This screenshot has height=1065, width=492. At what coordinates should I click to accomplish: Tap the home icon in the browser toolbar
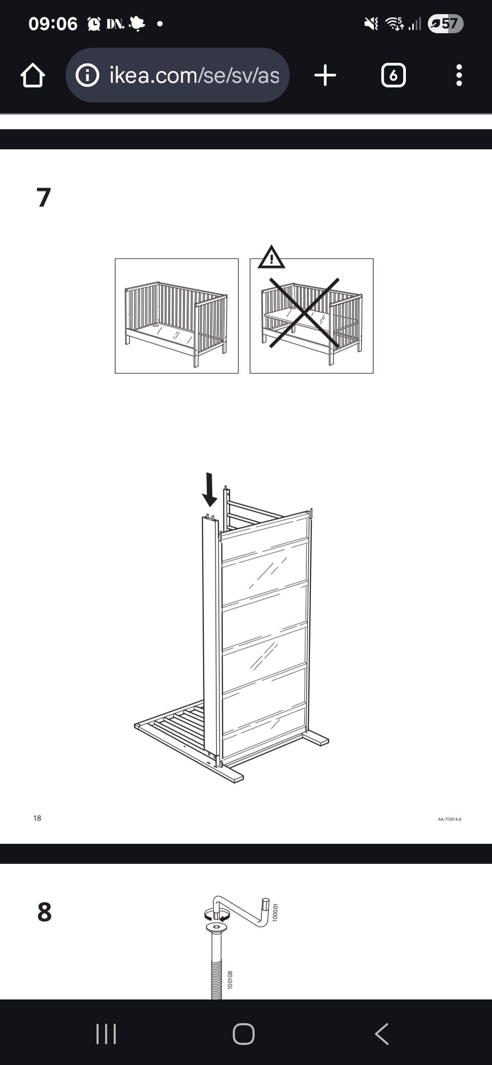point(33,75)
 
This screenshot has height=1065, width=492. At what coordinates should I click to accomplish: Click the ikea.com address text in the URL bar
point(194,75)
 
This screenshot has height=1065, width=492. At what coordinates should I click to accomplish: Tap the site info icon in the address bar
point(87,75)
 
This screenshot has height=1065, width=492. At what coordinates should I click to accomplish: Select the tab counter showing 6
point(393,75)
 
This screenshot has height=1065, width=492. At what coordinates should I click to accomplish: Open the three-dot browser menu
point(459,75)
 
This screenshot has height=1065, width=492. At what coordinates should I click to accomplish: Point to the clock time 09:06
point(53,24)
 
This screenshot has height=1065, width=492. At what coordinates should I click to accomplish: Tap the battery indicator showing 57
point(445,24)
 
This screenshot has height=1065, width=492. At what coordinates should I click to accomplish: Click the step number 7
point(44,197)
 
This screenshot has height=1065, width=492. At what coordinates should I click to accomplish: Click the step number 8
point(45,912)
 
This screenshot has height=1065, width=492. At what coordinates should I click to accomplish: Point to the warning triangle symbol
point(271,257)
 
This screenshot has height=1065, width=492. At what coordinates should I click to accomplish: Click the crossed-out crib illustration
point(311,316)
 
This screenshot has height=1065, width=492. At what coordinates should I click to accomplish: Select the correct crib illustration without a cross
point(177,316)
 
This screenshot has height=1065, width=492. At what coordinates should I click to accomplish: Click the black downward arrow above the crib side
point(209,489)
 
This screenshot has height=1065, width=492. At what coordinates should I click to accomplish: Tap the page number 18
point(37,818)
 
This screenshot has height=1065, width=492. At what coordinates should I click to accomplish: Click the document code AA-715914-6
point(449,819)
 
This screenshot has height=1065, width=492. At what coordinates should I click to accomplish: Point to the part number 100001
point(275,913)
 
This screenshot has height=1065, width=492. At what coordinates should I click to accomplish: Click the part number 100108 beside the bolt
point(230,980)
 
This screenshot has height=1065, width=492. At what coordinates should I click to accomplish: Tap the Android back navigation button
point(382,1034)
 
